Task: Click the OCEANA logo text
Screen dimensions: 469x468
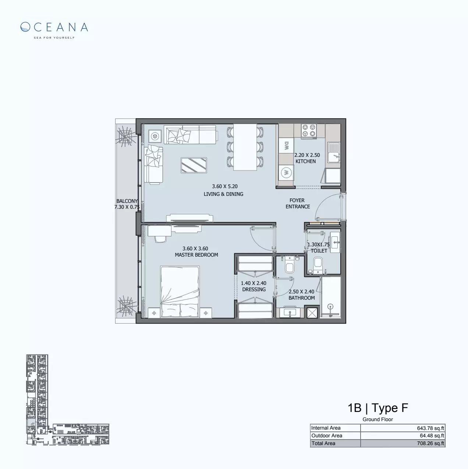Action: (x=54, y=27)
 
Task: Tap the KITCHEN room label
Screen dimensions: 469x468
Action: (x=306, y=161)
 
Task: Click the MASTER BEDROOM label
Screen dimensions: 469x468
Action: (x=196, y=255)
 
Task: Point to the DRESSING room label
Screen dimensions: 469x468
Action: (x=254, y=289)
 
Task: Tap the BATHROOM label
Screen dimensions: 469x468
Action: (x=302, y=298)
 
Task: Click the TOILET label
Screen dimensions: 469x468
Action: (x=319, y=251)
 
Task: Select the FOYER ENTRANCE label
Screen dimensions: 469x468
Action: (x=297, y=203)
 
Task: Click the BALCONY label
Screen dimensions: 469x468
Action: (x=127, y=201)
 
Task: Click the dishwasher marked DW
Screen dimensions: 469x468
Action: (x=286, y=146)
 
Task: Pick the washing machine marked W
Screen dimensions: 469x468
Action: (x=286, y=172)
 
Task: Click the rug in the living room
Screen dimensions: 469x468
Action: (x=194, y=165)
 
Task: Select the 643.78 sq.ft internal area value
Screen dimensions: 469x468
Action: (x=430, y=428)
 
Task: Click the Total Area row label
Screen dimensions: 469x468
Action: (x=323, y=443)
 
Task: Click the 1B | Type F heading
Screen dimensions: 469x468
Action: (x=378, y=408)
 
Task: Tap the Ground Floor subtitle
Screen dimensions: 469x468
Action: (x=378, y=419)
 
